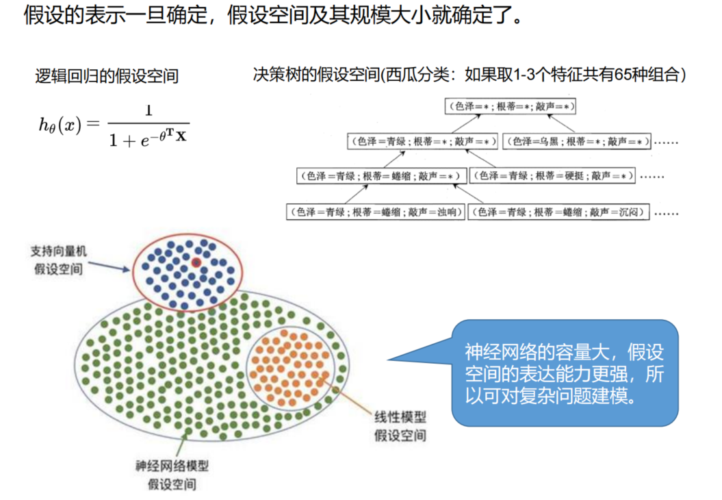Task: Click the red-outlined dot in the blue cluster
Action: point(196,262)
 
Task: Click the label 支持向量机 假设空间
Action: point(57,260)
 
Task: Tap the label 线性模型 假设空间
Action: point(400,425)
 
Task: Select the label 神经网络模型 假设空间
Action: point(172,475)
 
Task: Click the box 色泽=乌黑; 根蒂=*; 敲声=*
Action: point(576,142)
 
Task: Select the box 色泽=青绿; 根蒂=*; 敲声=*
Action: point(422,142)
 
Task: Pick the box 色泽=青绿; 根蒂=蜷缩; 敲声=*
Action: point(381,176)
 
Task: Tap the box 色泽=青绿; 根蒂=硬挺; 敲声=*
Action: point(552,176)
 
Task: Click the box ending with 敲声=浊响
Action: point(376,212)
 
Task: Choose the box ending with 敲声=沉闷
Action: point(558,212)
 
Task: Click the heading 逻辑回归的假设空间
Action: point(107,77)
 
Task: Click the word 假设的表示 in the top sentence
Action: point(62,15)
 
